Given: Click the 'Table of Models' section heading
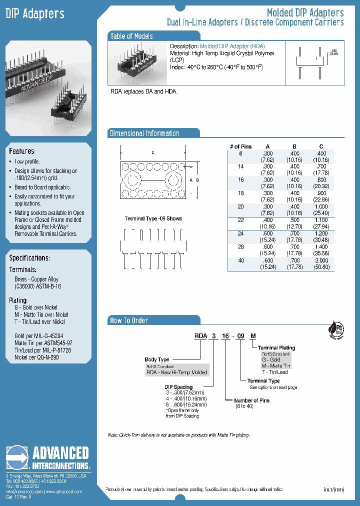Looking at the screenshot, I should click(131, 36).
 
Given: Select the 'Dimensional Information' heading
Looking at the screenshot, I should click(144, 133).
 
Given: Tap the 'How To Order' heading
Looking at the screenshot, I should click(129, 320).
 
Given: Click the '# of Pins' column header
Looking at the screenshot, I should click(241, 146).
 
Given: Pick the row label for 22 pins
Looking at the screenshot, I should click(241, 219).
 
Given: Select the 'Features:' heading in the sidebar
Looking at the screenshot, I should click(22, 151).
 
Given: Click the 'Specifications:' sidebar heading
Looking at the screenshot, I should click(29, 258).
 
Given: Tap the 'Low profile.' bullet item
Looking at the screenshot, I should click(27, 162).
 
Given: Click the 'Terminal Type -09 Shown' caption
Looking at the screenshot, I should click(153, 218).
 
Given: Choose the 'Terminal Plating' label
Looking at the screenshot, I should click(276, 347).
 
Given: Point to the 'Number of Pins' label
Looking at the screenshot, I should click(252, 400).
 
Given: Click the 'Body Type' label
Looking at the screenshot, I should click(157, 359).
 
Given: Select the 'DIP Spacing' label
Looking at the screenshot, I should click(178, 387).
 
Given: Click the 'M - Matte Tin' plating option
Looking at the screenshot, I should click(276, 365).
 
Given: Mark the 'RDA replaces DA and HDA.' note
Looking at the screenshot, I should click(144, 92).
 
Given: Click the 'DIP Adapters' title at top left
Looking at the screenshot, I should click(35, 14).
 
